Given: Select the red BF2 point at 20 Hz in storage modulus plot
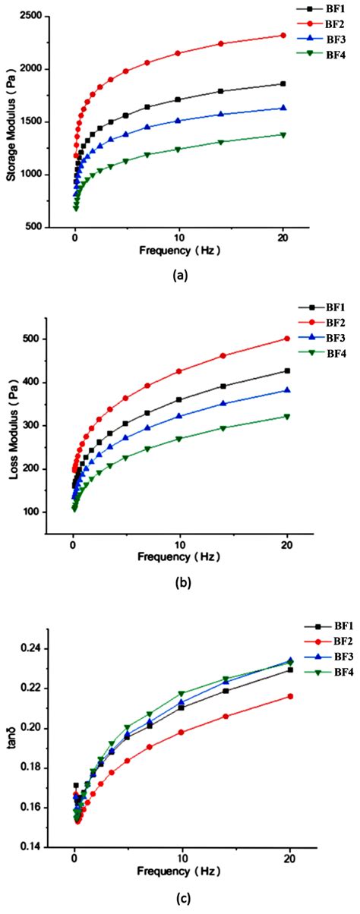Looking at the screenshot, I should pos(283,35).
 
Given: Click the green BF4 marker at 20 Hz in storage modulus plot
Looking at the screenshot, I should pos(283,134).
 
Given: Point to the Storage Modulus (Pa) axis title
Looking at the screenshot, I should pos(11,120).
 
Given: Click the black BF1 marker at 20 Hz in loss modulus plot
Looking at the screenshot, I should pos(287,370).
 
